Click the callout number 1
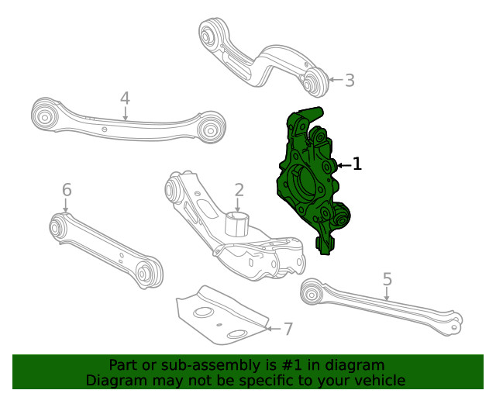(356, 164)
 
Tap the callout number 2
(239, 189)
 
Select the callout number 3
(350, 79)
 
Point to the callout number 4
(125, 98)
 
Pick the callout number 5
(387, 279)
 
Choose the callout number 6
(67, 190)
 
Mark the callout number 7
(288, 329)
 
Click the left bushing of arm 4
(44, 117)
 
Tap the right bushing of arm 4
(210, 126)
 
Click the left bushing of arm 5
(311, 292)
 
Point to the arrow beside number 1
(342, 164)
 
